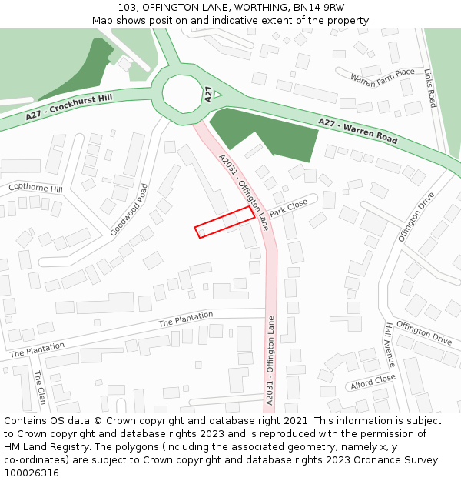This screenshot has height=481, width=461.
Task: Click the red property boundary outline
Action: (x=224, y=222)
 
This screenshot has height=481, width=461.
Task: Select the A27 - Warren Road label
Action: (x=358, y=132)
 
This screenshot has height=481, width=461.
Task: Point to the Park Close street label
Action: (x=288, y=208)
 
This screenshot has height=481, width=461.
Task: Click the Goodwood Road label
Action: (x=128, y=209)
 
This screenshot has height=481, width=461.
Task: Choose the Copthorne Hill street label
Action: (x=35, y=188)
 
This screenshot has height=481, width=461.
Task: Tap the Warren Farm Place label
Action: (x=382, y=77)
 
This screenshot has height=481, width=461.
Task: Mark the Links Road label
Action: (x=430, y=88)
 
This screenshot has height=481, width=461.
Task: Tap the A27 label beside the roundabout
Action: (x=208, y=94)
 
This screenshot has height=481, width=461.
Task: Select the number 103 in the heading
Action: (x=128, y=8)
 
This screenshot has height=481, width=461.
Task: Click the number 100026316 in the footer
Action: (x=32, y=473)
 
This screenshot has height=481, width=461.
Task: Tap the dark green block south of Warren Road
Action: (x=265, y=135)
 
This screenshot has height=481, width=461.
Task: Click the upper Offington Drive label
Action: (x=416, y=217)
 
